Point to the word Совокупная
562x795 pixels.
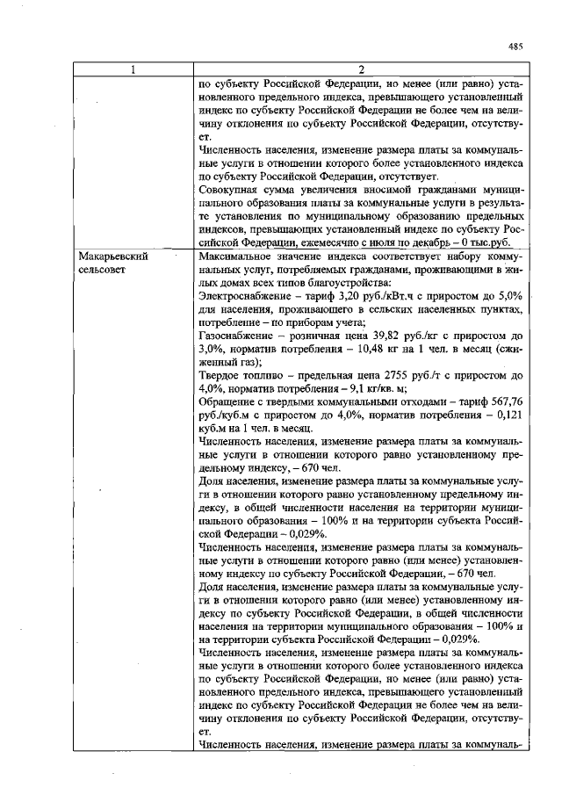pos(233,190)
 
